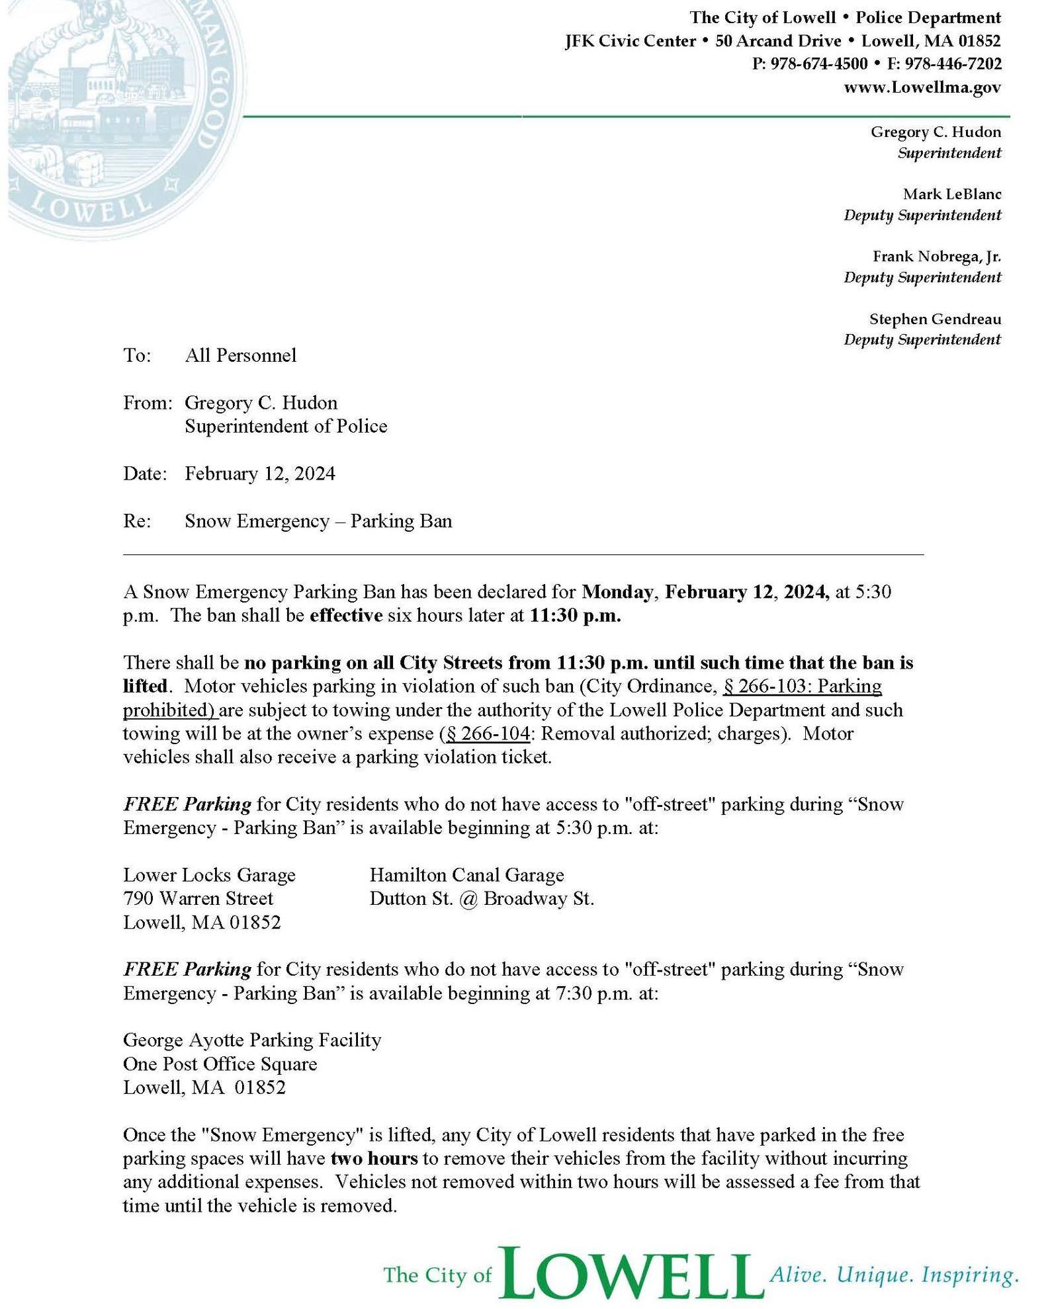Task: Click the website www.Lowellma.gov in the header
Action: [922, 87]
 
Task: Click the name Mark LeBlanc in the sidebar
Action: [951, 194]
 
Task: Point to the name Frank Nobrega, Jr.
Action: [936, 256]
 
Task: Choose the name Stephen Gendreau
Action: [934, 319]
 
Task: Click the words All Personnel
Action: [240, 356]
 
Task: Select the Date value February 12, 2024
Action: [259, 474]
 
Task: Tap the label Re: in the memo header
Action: [137, 521]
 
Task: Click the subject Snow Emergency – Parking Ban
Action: [318, 521]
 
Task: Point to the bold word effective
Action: [346, 615]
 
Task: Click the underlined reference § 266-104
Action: [488, 734]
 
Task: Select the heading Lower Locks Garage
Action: [209, 875]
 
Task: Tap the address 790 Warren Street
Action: [198, 898]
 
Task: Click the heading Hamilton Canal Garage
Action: [466, 875]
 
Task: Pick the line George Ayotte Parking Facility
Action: [252, 1040]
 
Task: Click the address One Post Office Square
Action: [220, 1064]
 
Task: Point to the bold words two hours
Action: [374, 1158]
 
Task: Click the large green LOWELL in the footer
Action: [628, 1273]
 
